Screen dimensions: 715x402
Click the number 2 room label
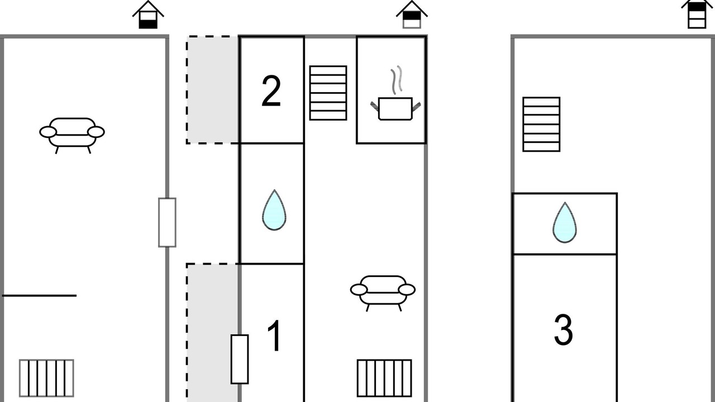point(271,91)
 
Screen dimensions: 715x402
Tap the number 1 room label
point(274,336)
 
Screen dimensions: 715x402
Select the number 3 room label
point(564,329)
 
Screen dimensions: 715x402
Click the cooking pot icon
point(395,108)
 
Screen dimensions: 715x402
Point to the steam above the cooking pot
point(397,80)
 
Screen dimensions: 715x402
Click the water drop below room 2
point(274,210)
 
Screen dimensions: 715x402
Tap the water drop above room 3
point(565,223)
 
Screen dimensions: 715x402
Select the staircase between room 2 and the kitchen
point(328,93)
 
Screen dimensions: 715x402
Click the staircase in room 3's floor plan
point(541,124)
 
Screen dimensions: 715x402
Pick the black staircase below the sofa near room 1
point(384,378)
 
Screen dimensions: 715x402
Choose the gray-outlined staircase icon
point(46,378)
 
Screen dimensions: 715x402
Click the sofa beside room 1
point(383,293)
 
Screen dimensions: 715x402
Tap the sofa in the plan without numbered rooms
point(72,136)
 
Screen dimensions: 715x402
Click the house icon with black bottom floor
point(148,15)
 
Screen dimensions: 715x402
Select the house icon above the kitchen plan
point(412,15)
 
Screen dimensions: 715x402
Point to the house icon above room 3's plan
point(697,14)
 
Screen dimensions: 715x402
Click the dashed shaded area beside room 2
point(212,90)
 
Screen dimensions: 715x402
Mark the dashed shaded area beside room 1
point(212,332)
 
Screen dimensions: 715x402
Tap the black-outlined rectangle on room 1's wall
point(240,359)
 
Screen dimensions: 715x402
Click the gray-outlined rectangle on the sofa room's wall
point(167,222)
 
